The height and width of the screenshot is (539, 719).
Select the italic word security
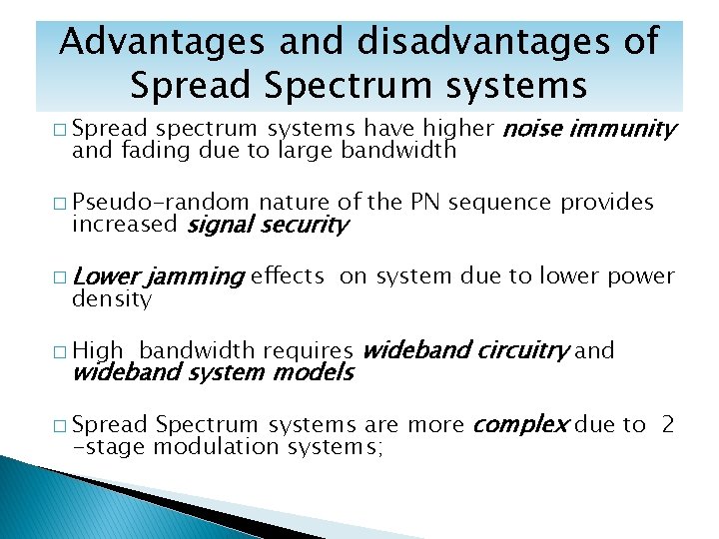click(x=304, y=225)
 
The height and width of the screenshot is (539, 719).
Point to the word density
click(x=112, y=298)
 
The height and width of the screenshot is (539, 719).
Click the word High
click(x=98, y=350)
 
